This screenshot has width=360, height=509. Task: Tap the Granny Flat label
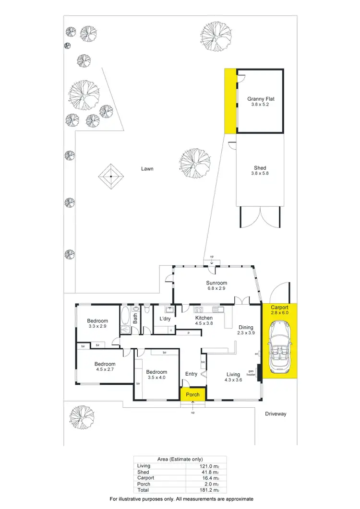[261, 99]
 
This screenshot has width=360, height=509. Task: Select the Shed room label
[260, 168]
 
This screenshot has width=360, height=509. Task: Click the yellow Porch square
[193, 395]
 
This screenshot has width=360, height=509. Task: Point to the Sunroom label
[216, 283]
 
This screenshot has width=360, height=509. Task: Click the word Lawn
[147, 169]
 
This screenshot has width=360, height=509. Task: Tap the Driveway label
[276, 414]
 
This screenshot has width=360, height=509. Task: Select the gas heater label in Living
[251, 373]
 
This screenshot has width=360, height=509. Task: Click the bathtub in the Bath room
[125, 318]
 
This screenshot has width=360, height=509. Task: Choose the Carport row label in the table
[145, 478]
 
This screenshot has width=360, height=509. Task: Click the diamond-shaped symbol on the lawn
[111, 177]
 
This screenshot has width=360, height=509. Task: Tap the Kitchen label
[204, 318]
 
